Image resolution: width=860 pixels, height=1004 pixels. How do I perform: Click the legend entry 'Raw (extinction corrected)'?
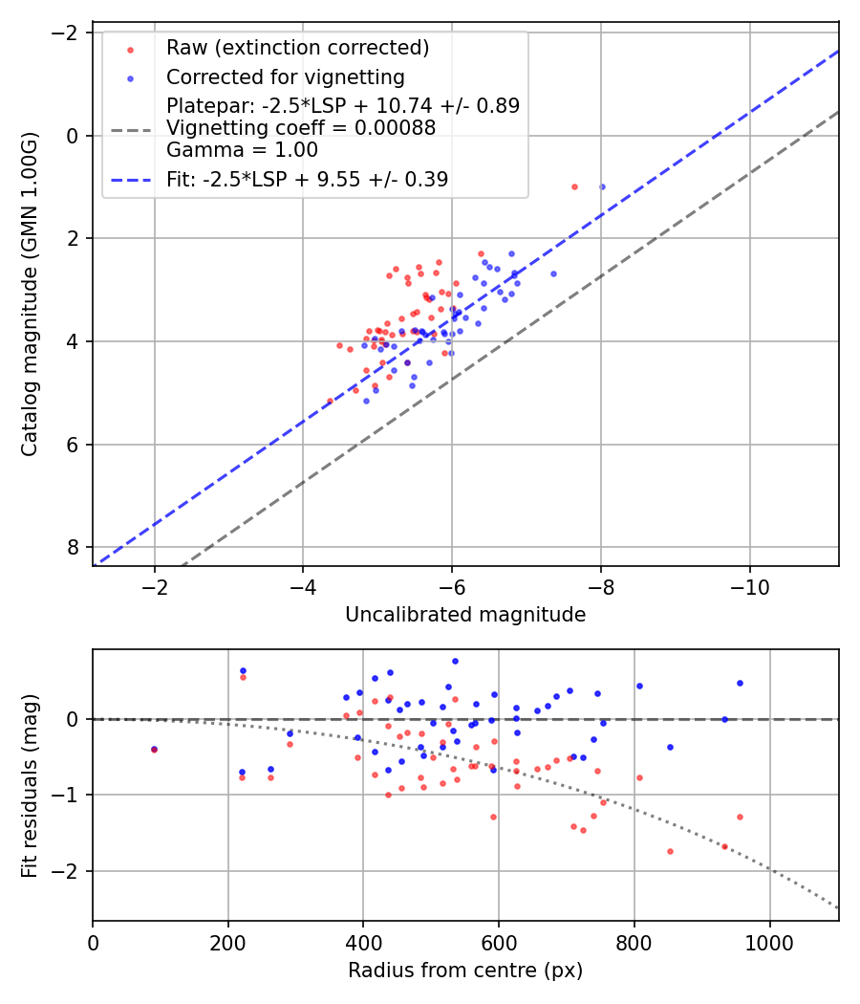(x=297, y=48)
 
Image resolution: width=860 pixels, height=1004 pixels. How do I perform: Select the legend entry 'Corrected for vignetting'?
(x=285, y=77)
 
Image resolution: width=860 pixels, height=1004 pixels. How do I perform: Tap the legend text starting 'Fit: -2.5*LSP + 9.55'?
(x=307, y=179)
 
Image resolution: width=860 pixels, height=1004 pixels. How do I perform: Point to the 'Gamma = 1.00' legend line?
(x=242, y=150)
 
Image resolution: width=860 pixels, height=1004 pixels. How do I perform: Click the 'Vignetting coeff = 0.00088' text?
(x=301, y=128)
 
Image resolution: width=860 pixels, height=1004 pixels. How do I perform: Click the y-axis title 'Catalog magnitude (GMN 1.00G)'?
(x=30, y=294)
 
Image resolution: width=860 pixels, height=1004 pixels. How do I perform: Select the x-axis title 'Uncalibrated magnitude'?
(x=465, y=616)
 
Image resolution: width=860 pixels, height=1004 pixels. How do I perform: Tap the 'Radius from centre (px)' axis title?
(x=465, y=971)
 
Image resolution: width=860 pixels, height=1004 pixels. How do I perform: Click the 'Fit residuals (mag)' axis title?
(x=30, y=784)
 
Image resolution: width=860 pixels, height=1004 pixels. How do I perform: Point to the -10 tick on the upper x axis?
(x=750, y=586)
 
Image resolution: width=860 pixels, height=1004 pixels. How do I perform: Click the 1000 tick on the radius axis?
(x=769, y=941)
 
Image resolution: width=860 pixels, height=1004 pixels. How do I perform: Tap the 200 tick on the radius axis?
(x=227, y=941)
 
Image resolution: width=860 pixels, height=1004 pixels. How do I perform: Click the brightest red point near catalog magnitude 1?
(x=574, y=186)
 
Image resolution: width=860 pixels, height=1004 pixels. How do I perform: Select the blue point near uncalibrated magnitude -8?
(x=602, y=186)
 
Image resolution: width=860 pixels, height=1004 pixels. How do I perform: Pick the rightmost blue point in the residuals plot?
(x=740, y=683)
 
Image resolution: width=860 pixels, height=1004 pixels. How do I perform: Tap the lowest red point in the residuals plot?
(x=670, y=851)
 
